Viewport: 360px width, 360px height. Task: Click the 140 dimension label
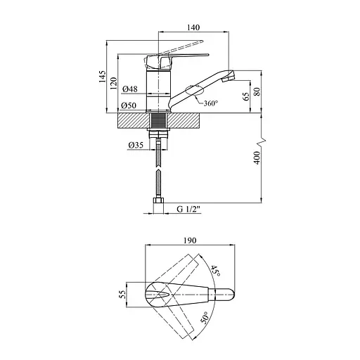pos(193,27)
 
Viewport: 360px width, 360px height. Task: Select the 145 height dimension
pos(102,76)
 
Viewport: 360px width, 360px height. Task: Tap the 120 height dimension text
pos(113,83)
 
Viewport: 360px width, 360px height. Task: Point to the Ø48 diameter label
pos(130,89)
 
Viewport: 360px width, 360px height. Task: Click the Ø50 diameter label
pos(129,105)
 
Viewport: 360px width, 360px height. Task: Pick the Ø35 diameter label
pos(136,146)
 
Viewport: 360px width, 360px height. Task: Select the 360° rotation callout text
pos(211,103)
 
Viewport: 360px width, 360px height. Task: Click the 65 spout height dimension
pos(246,96)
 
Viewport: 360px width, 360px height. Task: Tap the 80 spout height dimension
pos(257,91)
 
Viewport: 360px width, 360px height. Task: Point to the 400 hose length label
pos(257,157)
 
